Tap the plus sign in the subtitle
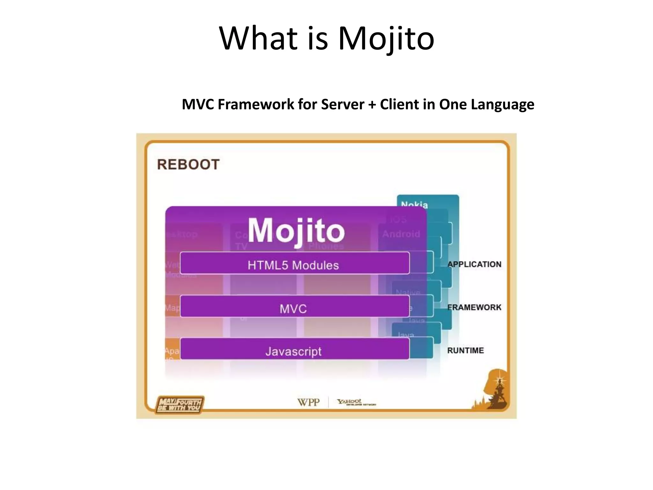tap(372, 105)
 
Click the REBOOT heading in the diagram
tap(188, 165)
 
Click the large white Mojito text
tap(296, 231)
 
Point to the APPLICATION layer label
tap(474, 264)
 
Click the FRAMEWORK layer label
tap(474, 308)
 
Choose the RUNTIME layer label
tap(465, 351)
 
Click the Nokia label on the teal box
tap(414, 204)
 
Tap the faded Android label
tap(401, 234)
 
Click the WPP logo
tap(308, 402)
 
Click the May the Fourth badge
tap(180, 405)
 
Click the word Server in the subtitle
tap(342, 104)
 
